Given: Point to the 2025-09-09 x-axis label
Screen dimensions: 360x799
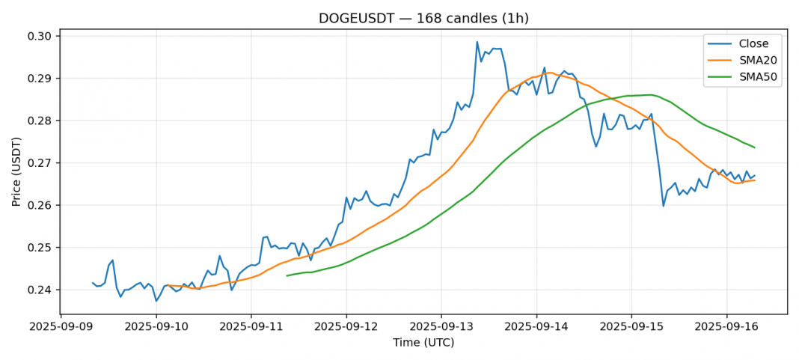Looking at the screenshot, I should coord(61,327).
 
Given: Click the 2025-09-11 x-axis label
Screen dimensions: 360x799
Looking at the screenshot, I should coord(251,327).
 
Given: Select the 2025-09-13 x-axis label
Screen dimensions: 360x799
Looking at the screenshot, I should coord(441,327).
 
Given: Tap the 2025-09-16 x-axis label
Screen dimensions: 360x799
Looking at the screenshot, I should coord(726,327).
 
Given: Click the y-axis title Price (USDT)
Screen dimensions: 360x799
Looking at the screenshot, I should coord(16,174).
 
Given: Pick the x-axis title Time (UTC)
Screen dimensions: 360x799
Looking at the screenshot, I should coord(423,343).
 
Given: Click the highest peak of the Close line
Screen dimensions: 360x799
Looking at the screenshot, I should coord(477,42).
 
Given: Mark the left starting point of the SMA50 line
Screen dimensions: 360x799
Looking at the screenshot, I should coord(287,275).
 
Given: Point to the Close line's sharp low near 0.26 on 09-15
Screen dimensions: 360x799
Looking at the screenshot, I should coord(663,206).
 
